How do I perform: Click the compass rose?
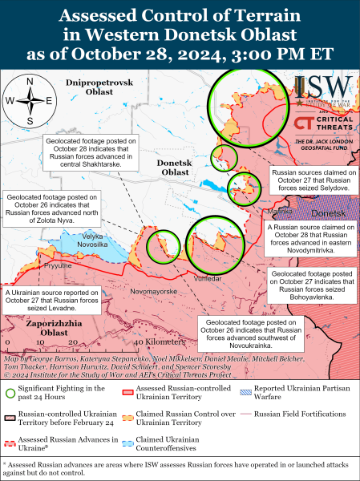(30, 99)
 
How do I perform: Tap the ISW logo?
(321, 89)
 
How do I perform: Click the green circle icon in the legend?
(10, 393)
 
